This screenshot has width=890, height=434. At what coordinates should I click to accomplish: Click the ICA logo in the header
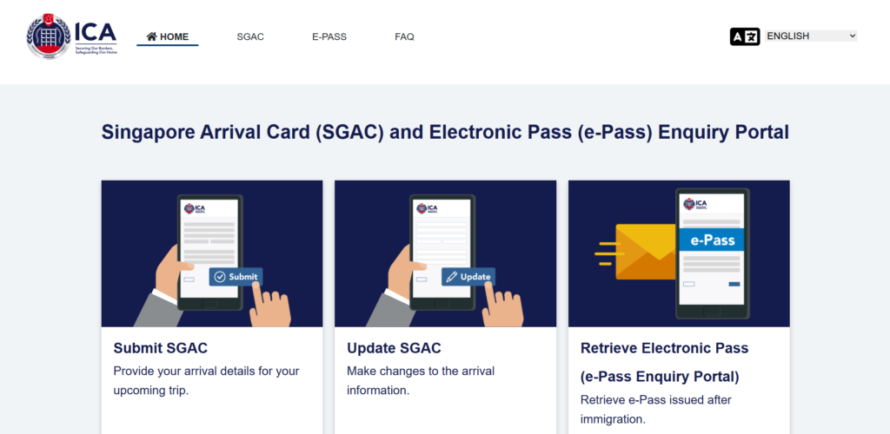point(71,36)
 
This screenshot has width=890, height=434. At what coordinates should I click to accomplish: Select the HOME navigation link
point(168,36)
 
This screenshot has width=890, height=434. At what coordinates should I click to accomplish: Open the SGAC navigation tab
point(250,36)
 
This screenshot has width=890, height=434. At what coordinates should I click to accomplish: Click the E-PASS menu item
point(329,36)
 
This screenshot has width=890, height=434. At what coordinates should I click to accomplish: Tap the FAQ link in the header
point(405,36)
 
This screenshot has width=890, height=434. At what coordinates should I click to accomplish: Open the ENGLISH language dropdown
point(811,36)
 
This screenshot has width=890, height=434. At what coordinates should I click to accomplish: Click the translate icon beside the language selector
point(745,36)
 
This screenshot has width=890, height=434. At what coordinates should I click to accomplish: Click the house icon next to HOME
point(151,36)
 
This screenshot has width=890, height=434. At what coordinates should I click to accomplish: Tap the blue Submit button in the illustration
point(236,277)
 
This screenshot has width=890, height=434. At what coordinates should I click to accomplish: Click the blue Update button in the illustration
point(468,277)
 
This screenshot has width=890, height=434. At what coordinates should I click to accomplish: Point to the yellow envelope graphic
point(647,252)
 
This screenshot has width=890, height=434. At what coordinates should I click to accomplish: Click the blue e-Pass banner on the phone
point(712,240)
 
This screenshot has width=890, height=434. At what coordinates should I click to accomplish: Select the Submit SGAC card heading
point(161,348)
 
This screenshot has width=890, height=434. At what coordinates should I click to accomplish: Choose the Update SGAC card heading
point(394,348)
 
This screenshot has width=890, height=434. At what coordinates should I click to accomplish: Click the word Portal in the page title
point(764,132)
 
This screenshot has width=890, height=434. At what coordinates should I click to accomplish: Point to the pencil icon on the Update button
point(451,277)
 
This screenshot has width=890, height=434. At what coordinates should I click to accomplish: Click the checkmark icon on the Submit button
point(220,277)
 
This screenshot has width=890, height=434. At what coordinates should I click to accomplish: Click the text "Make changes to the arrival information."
point(421,381)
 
